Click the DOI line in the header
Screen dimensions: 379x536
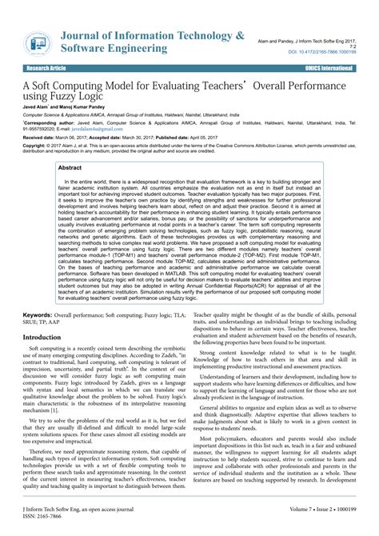click(x=331, y=52)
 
